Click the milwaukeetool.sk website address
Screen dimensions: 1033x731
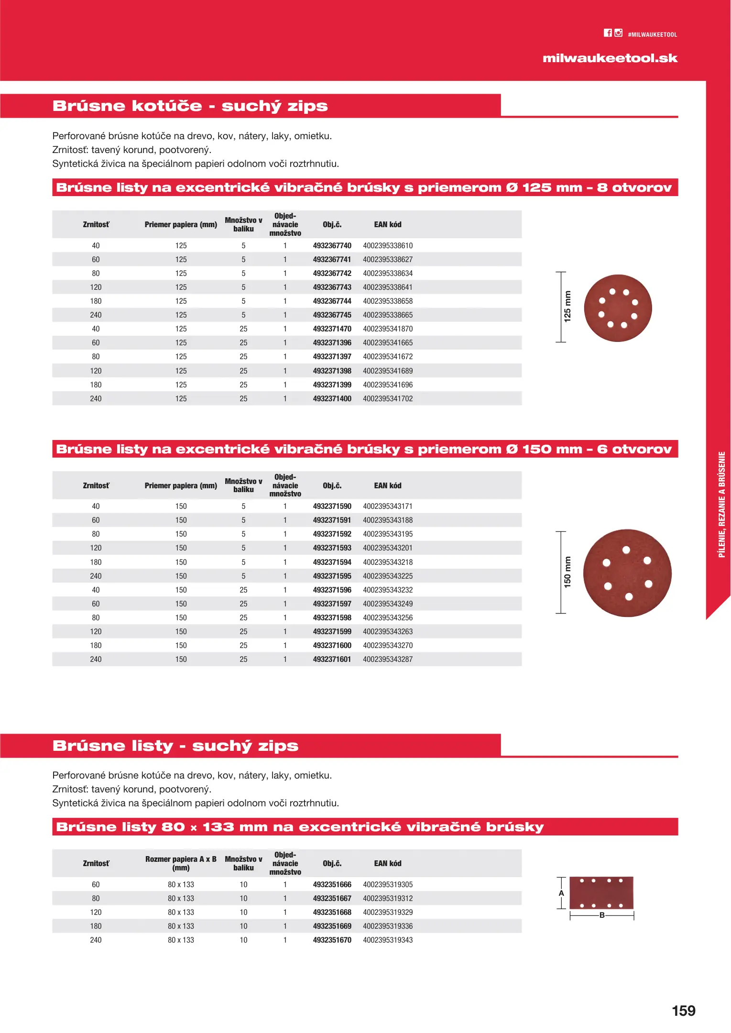[x=610, y=58]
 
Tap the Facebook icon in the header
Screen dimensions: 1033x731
[x=607, y=33]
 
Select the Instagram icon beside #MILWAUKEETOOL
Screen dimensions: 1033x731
[x=618, y=33]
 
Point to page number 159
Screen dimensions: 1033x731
[x=683, y=1011]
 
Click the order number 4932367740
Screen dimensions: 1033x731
[x=332, y=246]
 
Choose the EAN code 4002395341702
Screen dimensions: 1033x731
[x=388, y=399]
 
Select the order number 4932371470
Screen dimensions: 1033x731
[x=332, y=329]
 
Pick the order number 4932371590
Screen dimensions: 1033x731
[x=332, y=506]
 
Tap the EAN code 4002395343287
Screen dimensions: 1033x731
[x=388, y=659]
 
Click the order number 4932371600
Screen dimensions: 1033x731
[x=332, y=646]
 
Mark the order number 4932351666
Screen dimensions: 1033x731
[x=332, y=885]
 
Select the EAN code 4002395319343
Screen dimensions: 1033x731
[x=388, y=940]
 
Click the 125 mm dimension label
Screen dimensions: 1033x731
[x=567, y=307]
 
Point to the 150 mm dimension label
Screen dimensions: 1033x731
[x=567, y=572]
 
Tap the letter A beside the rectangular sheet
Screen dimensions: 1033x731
[x=561, y=893]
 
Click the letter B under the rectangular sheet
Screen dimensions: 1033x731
[x=602, y=915]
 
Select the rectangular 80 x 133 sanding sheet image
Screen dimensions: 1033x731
[x=601, y=893]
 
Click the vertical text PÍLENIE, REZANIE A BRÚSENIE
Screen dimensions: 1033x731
[x=721, y=504]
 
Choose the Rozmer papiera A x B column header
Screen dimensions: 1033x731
[x=181, y=863]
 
